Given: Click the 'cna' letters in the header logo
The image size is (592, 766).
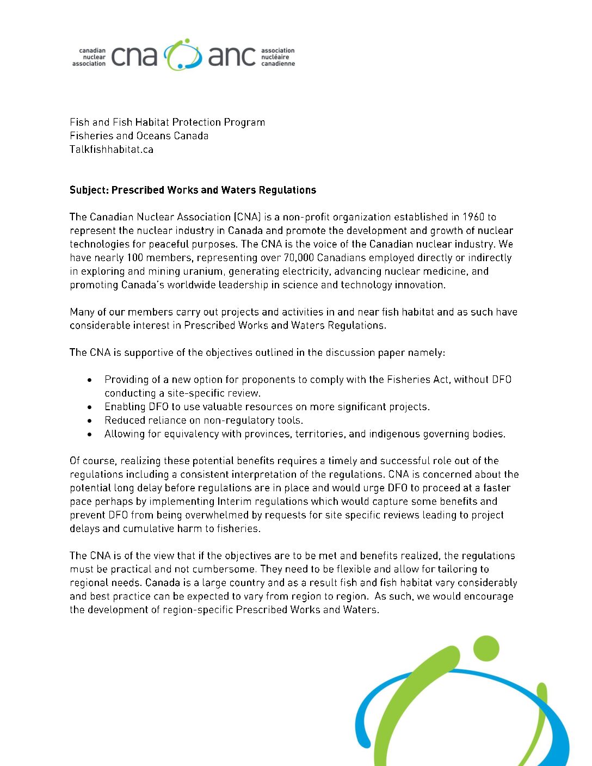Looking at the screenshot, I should pyautogui.click(x=134, y=56).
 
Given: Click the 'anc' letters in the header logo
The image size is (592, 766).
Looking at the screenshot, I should pyautogui.click(x=231, y=56).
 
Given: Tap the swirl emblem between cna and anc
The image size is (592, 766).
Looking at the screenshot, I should pyautogui.click(x=183, y=54).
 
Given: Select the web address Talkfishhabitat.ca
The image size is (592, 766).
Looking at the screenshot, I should pyautogui.click(x=112, y=150).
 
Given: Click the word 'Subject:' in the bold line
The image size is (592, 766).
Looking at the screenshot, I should pyautogui.click(x=89, y=190).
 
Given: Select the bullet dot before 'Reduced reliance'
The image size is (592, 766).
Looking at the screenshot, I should pyautogui.click(x=90, y=421).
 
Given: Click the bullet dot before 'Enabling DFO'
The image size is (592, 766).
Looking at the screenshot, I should pyautogui.click(x=90, y=407).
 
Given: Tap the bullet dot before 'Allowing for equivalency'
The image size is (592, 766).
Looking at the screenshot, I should pyautogui.click(x=90, y=434).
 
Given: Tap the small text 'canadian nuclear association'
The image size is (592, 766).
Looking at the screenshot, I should pyautogui.click(x=90, y=57).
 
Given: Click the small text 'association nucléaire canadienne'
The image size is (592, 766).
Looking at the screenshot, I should pyautogui.click(x=277, y=57).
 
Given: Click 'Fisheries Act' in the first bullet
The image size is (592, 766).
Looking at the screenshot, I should pyautogui.click(x=418, y=380).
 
